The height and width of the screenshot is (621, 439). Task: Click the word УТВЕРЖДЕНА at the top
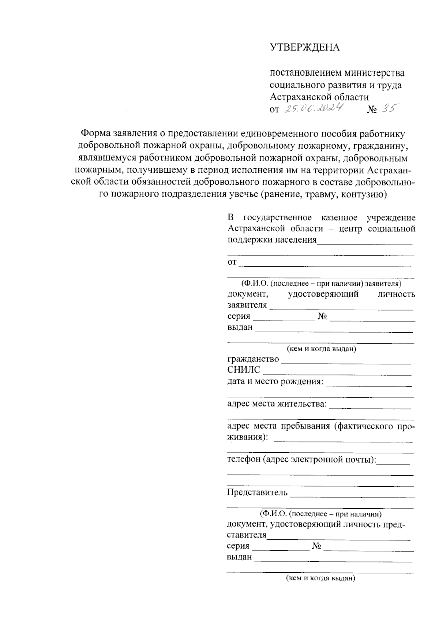tap(304, 48)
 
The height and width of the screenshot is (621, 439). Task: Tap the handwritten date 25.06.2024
tap(314, 108)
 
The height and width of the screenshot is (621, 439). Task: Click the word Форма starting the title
tap(95, 134)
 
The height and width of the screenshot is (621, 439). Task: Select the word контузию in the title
tap(364, 194)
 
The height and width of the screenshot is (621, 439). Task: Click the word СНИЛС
tap(244, 370)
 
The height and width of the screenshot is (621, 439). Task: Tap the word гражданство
tap(253, 359)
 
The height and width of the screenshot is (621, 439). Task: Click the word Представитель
tap(257, 492)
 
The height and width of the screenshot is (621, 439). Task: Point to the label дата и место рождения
tap(275, 381)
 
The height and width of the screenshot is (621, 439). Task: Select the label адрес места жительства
tap(277, 404)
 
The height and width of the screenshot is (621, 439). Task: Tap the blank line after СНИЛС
tap(337, 374)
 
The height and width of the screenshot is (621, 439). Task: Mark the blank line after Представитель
tap(352, 497)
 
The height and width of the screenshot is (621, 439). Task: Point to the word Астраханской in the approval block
tap(299, 97)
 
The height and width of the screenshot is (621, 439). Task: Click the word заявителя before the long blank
tap(247, 305)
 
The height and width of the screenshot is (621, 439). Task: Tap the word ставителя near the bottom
tap(247, 535)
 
